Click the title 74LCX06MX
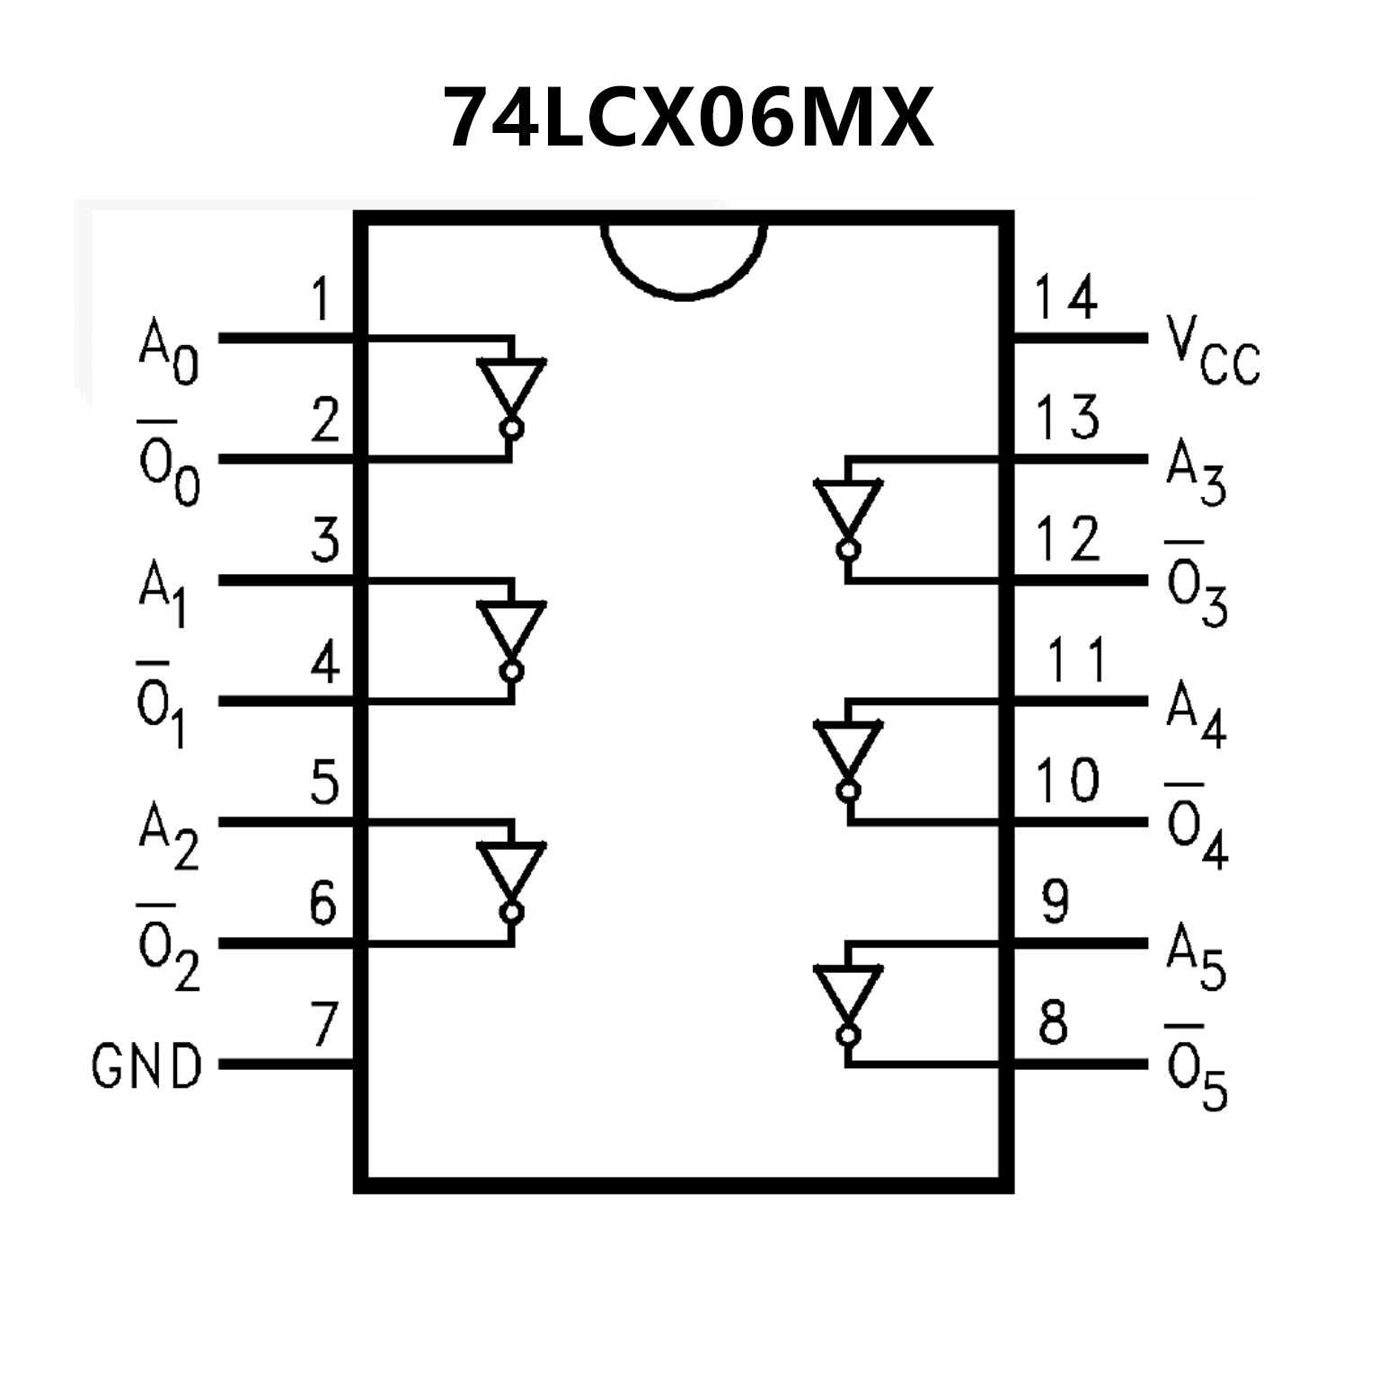click(x=689, y=119)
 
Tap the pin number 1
click(x=321, y=300)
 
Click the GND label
click(x=146, y=1067)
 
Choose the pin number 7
click(x=323, y=1025)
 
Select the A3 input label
click(x=1196, y=476)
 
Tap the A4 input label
click(x=1196, y=719)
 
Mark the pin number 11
click(x=1076, y=661)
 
